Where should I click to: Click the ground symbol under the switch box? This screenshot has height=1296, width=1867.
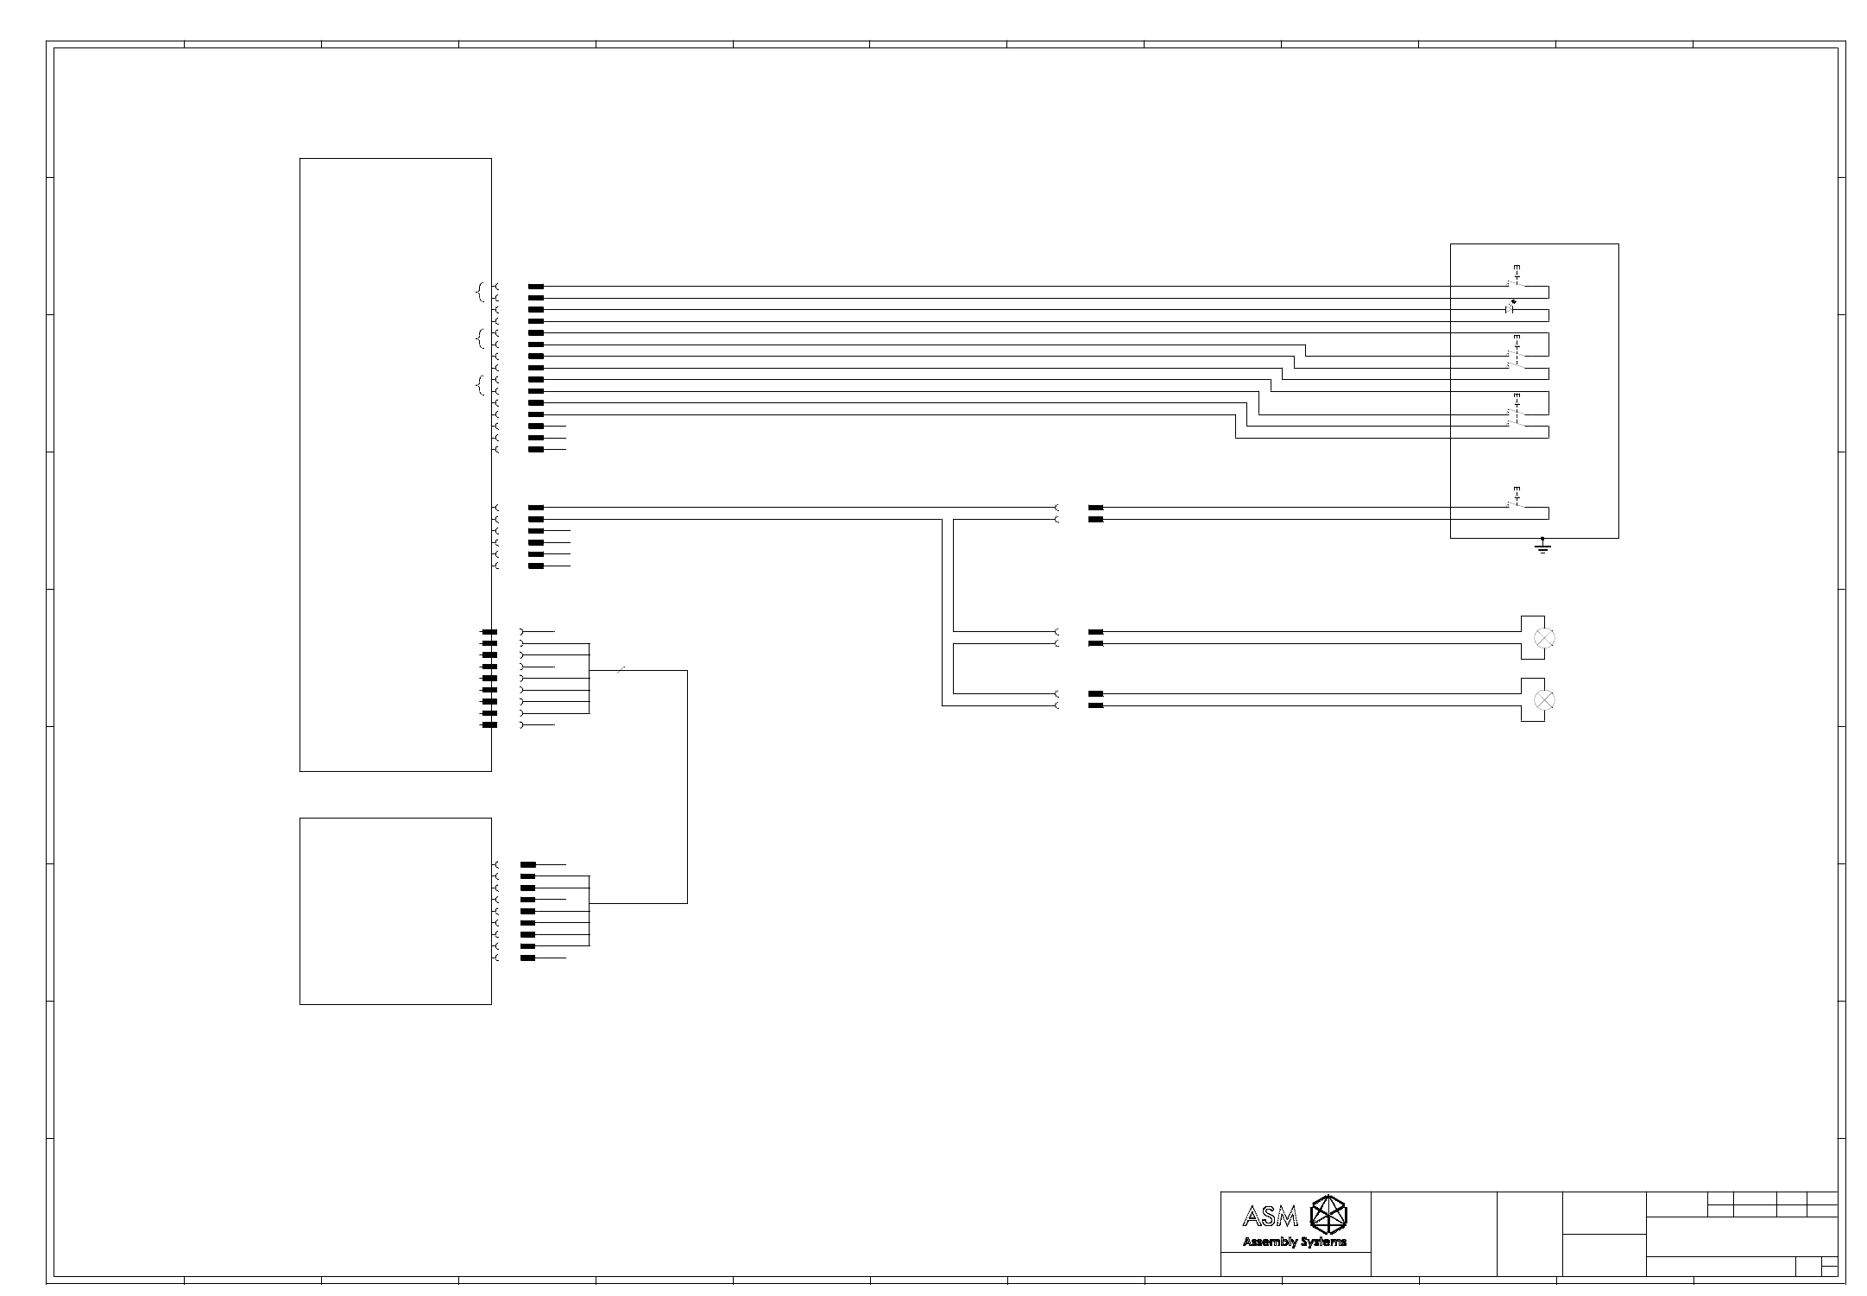(x=1542, y=547)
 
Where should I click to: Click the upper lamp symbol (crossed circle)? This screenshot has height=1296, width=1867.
(x=1544, y=638)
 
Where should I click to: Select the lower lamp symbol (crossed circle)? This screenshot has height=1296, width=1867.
(x=1544, y=699)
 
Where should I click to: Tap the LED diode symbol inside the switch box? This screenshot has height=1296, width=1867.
(x=1511, y=307)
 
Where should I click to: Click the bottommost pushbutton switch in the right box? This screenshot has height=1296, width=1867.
(x=1516, y=498)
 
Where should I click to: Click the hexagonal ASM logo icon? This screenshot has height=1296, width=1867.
(x=1328, y=1214)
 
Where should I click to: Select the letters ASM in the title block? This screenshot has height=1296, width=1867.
(x=1270, y=1217)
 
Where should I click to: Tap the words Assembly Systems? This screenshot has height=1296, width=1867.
(x=1294, y=1242)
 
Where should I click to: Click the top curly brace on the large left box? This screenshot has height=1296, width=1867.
(x=480, y=293)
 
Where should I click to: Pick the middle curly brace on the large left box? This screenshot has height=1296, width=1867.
(x=480, y=339)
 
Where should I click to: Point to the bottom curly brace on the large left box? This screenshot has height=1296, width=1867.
(x=480, y=386)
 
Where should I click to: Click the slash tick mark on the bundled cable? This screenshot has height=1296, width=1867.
(x=621, y=670)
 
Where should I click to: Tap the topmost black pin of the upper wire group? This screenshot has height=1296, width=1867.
(x=536, y=287)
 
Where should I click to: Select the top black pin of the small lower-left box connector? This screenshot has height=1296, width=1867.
(x=528, y=864)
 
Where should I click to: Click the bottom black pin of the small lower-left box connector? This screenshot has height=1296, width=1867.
(x=528, y=958)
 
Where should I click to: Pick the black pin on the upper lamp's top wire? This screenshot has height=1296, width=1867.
(x=1096, y=632)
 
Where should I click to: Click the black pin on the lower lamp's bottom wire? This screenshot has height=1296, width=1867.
(x=1096, y=706)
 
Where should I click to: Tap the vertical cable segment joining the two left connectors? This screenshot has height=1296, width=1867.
(x=687, y=786)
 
